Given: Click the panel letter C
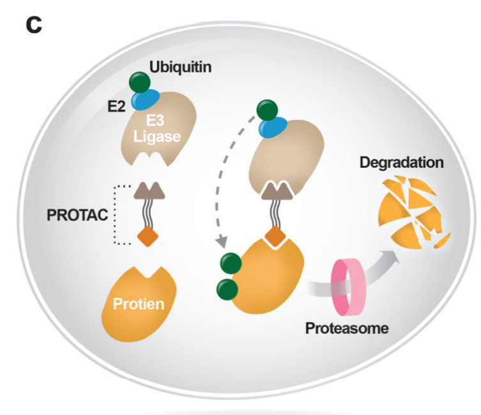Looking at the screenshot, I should [33, 26].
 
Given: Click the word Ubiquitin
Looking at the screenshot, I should [181, 68].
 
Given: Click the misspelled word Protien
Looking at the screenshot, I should [138, 304].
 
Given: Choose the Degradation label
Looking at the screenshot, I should [401, 162].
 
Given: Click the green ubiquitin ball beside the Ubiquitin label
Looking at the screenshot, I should [140, 82].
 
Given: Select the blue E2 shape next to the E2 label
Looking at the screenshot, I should [146, 100].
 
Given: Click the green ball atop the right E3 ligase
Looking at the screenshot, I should [267, 110].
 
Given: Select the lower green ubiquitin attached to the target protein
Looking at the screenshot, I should [227, 289].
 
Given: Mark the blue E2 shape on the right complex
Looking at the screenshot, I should [273, 128].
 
